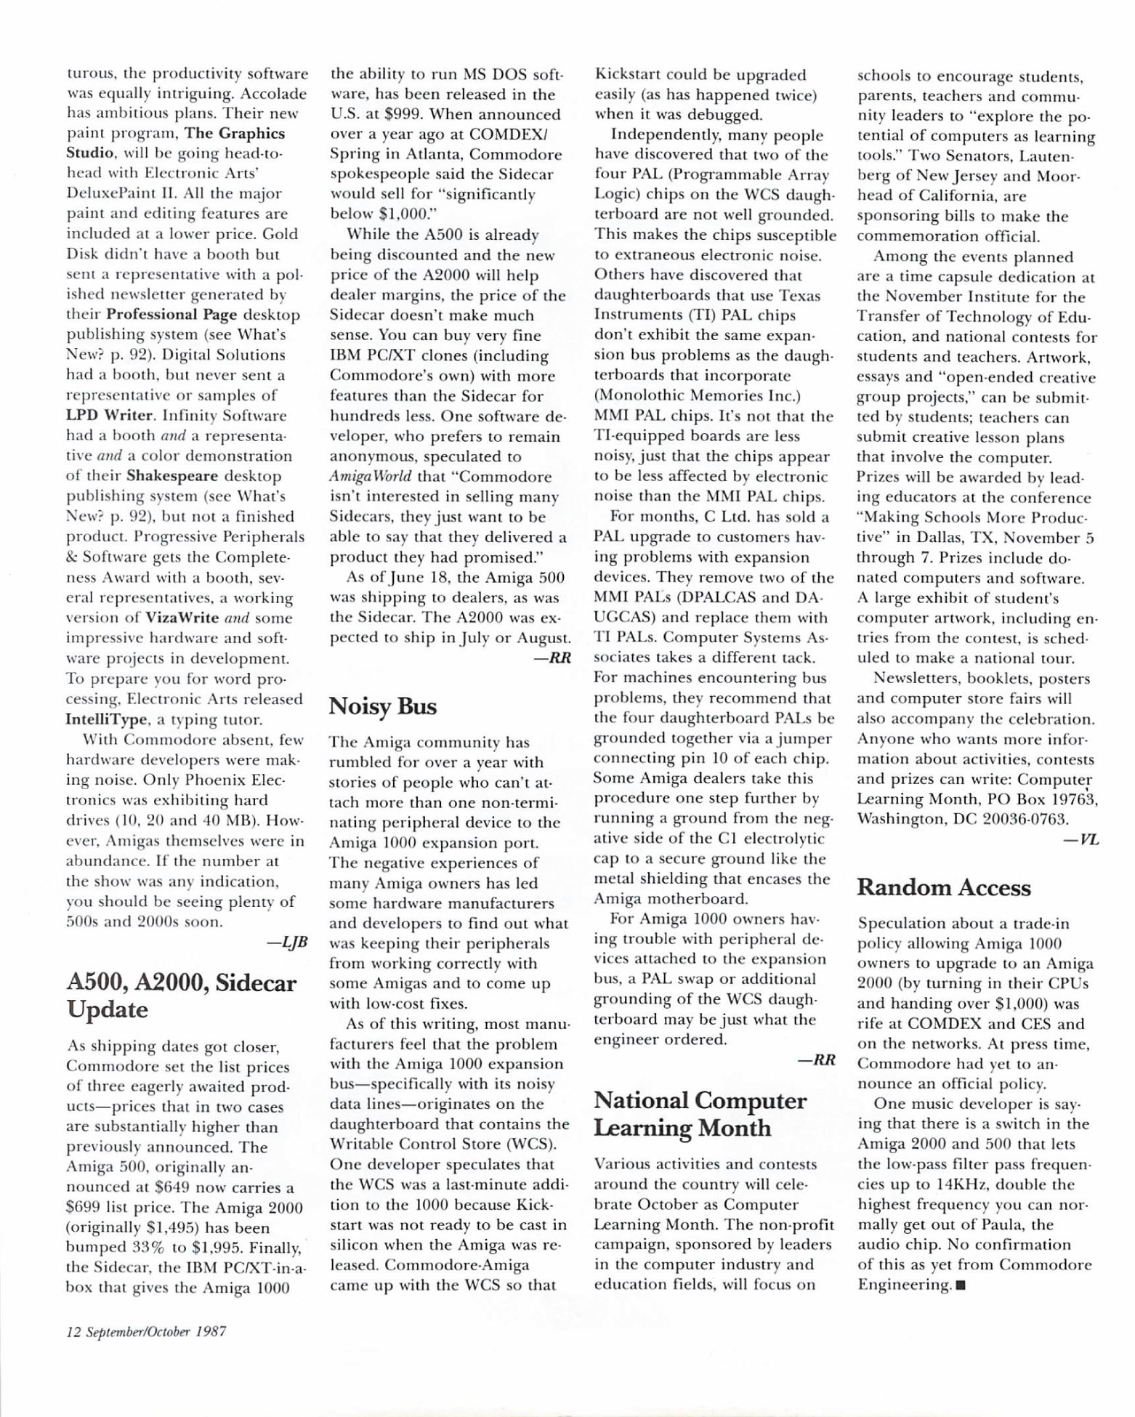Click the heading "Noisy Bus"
click(x=383, y=706)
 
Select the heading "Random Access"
click(x=944, y=887)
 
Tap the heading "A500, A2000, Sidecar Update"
click(x=181, y=996)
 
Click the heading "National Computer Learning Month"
click(x=700, y=1114)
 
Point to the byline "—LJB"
click(x=288, y=942)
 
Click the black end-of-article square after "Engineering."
click(x=962, y=1285)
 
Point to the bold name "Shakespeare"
click(x=172, y=477)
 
